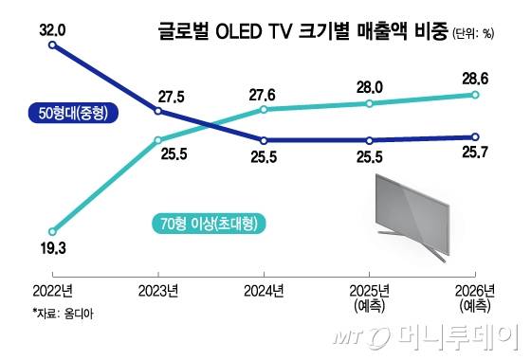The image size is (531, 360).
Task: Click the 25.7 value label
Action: pyautogui.click(x=474, y=154)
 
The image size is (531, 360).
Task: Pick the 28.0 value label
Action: pyautogui.click(x=369, y=87)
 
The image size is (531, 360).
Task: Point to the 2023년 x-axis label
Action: pyautogui.click(x=156, y=290)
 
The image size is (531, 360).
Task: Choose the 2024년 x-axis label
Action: pyautogui.click(x=263, y=290)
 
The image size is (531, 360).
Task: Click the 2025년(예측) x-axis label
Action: pyautogui.click(x=368, y=297)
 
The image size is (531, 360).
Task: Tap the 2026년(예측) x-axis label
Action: pyautogui.click(x=474, y=297)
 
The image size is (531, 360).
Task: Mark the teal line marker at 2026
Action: pyautogui.click(x=474, y=95)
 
